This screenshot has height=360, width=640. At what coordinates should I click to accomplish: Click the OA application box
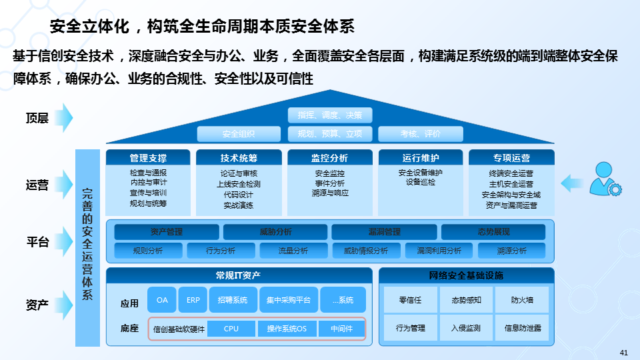(x=162, y=300)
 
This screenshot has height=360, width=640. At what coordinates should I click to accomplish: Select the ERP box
(x=193, y=300)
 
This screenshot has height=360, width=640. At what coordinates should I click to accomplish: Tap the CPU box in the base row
(x=231, y=329)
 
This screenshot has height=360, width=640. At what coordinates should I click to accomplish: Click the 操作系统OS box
(x=287, y=329)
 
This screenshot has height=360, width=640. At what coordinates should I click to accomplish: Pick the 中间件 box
(x=341, y=329)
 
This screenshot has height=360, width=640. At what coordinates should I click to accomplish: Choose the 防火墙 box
(x=522, y=300)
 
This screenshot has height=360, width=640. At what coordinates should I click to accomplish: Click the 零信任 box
(x=410, y=300)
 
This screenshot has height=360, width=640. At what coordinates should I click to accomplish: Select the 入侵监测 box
(x=465, y=328)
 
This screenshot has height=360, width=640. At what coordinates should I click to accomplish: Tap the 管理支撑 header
(x=148, y=158)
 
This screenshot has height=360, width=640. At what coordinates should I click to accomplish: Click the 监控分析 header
(x=329, y=158)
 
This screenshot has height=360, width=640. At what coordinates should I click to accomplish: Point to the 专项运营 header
(x=511, y=158)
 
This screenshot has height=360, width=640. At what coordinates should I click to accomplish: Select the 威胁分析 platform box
(x=275, y=232)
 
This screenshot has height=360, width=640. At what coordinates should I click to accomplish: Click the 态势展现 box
(x=493, y=232)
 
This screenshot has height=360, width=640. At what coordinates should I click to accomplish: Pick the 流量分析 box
(x=293, y=251)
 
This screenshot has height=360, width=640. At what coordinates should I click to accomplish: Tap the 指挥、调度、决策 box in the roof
(x=330, y=115)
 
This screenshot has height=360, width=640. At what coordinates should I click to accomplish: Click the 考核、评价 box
(x=420, y=133)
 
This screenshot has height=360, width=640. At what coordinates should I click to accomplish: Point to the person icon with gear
(x=606, y=179)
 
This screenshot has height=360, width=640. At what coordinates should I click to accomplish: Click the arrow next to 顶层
(x=64, y=118)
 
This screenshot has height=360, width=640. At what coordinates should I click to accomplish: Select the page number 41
(x=624, y=352)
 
